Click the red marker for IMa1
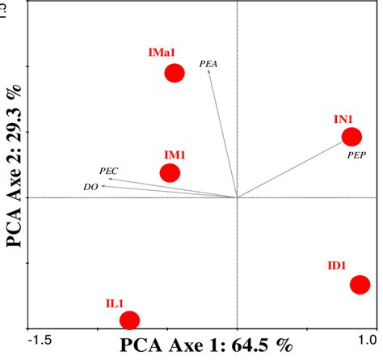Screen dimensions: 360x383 click(x=175, y=74)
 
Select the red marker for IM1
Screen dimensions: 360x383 click(x=170, y=172)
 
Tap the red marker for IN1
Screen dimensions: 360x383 click(x=351, y=137)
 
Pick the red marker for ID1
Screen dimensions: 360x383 click(x=360, y=284)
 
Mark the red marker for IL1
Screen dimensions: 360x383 click(x=129, y=320)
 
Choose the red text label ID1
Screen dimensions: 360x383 click(x=337, y=265)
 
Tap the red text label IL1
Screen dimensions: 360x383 click(x=114, y=303)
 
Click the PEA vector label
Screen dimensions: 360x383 click(x=208, y=61)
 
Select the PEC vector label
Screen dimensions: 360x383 click(x=108, y=171)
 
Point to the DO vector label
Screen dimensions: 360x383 click(x=90, y=187)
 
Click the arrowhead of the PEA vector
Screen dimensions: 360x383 click(x=208, y=71)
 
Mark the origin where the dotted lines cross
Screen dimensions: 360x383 click(x=237, y=197)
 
